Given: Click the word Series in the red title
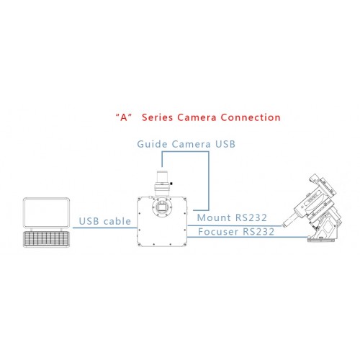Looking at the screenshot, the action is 157,117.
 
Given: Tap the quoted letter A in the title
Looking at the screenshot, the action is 124,117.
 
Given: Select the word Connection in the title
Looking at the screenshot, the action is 251,117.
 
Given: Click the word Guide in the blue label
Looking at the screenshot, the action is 152,144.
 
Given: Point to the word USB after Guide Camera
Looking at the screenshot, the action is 225,144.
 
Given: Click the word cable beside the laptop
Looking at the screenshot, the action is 117,221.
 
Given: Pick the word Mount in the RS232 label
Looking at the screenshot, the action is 214,217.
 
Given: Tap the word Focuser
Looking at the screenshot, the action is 218,232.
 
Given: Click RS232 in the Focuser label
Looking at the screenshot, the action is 258,232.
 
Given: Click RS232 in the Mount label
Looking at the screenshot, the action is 251,217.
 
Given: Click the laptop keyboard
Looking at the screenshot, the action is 46,239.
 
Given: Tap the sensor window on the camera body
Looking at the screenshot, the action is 162,206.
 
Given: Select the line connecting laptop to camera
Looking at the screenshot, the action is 105,228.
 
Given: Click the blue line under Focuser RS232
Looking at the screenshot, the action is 247,237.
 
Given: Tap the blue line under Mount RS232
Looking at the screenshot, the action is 234,225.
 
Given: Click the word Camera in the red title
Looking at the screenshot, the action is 197,117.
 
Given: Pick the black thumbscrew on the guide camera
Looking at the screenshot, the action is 171,184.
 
